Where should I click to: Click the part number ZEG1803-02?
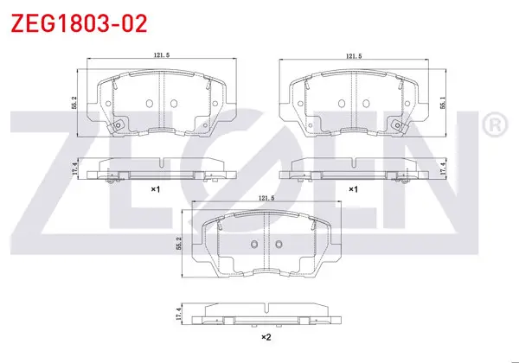(x=79, y=23)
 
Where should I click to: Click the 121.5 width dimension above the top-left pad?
(x=161, y=55)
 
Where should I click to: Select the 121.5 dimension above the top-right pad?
(x=354, y=56)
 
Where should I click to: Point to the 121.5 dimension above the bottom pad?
(x=266, y=198)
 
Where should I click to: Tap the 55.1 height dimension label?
(x=443, y=103)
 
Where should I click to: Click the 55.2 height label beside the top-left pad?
(x=74, y=103)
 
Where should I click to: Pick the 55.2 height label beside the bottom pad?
(x=179, y=244)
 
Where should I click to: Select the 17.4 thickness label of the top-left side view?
(x=74, y=169)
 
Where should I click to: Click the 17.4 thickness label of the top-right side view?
(x=444, y=169)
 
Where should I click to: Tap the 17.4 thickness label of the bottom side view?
(x=179, y=314)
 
